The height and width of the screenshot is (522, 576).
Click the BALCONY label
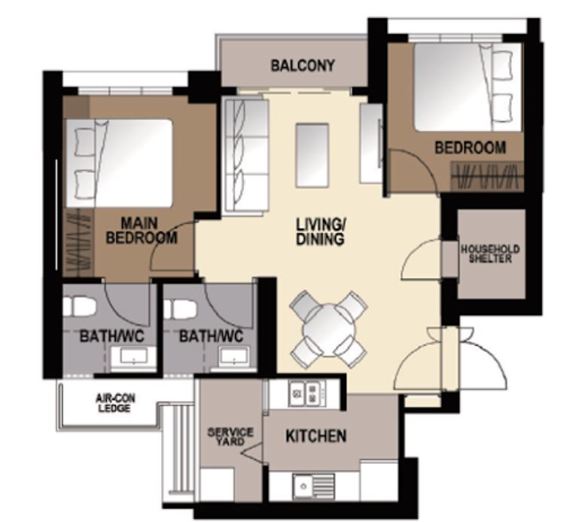pos(302,66)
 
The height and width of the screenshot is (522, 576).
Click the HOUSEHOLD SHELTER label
pos(490,254)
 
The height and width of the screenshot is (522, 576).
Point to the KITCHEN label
pos(315,436)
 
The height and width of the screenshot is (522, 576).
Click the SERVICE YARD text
pos(230,437)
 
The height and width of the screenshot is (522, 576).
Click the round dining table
pos(329,329)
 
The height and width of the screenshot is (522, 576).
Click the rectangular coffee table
pos(312,155)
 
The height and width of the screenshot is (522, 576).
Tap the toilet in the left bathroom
pos(79,307)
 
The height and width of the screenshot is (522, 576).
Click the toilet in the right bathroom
pos(181,308)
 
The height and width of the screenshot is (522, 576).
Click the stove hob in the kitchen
pos(305,392)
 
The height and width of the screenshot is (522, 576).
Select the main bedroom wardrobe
pos(78,242)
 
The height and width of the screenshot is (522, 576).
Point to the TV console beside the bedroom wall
pos(370,143)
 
